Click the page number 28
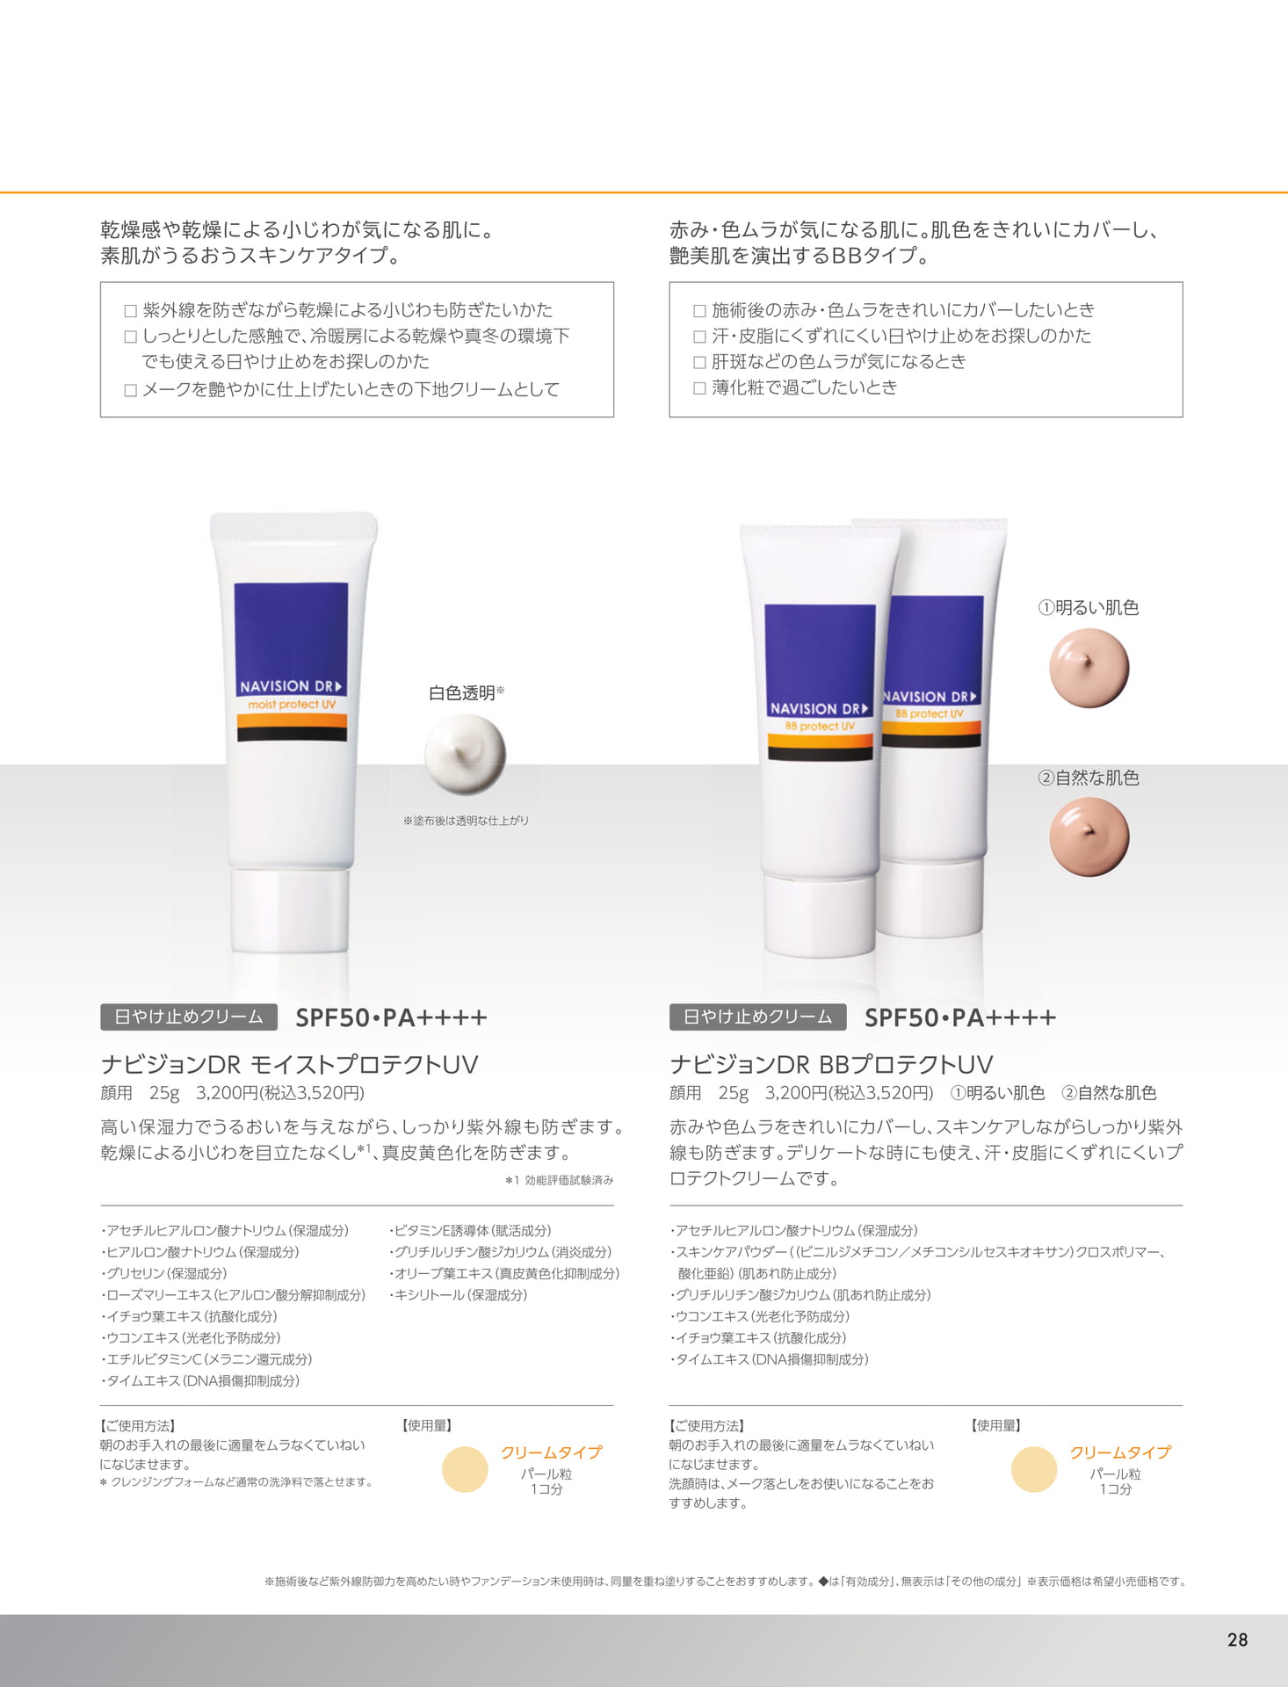click(x=1237, y=1640)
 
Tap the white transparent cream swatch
click(x=465, y=754)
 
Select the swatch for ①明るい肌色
click(x=1089, y=668)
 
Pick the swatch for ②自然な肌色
click(x=1089, y=836)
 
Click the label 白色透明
click(x=462, y=693)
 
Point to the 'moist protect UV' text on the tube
click(x=292, y=705)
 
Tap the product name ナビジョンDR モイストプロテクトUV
click(x=289, y=1065)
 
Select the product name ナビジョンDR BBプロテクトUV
click(x=831, y=1065)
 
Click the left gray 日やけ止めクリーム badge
click(x=189, y=1017)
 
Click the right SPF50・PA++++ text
click(x=960, y=1017)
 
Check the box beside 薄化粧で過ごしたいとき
click(x=699, y=388)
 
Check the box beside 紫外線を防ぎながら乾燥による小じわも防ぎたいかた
click(x=130, y=311)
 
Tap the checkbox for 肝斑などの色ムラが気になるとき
click(x=699, y=362)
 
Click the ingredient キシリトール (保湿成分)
click(x=459, y=1295)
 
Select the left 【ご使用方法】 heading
click(x=138, y=1425)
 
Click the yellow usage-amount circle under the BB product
click(x=1034, y=1469)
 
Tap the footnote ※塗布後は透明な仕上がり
click(x=466, y=821)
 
